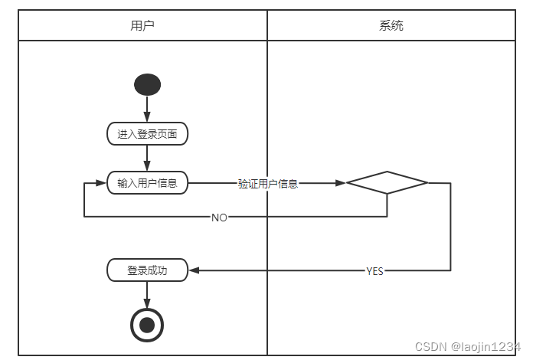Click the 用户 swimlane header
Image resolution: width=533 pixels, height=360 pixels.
point(142,25)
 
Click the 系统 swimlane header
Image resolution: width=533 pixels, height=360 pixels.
point(391,25)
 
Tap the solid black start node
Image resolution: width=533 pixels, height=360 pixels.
point(147,84)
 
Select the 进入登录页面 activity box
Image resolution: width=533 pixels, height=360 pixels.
point(147,134)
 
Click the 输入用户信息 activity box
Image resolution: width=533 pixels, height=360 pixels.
point(147,183)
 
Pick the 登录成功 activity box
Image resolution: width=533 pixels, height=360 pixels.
point(147,270)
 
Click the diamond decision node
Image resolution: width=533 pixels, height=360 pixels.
point(387,183)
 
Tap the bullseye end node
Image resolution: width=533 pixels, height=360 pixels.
point(147,325)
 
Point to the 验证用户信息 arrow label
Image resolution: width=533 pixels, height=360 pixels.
point(267,184)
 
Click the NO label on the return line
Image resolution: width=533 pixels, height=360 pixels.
point(219,218)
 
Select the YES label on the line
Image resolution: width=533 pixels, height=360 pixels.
point(374,271)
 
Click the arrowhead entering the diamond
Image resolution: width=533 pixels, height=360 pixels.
point(341,183)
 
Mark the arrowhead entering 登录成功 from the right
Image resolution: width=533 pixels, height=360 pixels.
point(193,270)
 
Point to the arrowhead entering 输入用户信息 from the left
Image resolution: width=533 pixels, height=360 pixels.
point(101,183)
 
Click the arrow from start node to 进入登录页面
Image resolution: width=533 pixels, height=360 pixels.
point(147,109)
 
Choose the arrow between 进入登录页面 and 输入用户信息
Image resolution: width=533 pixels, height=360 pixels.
point(147,158)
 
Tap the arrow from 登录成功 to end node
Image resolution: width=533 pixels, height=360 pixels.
point(147,294)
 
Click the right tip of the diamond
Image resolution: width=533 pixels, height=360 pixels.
point(427,183)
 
